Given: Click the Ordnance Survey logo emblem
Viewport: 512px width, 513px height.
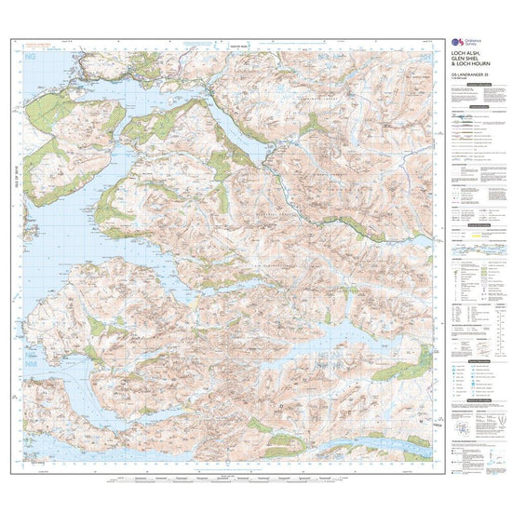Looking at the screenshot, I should click(x=456, y=45).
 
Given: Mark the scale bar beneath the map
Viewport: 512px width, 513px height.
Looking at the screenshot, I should click(x=223, y=480).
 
